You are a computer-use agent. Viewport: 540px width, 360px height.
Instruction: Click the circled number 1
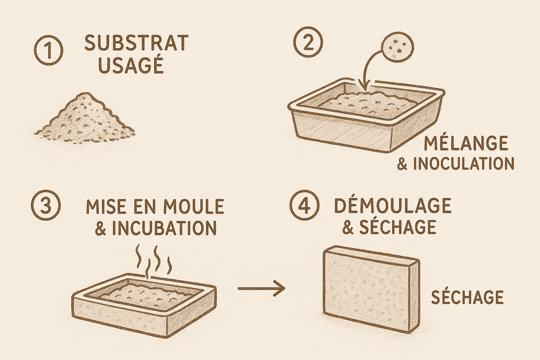point(49,51)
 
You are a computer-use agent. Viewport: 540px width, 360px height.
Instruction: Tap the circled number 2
point(308,45)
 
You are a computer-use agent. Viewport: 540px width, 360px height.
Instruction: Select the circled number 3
point(46,206)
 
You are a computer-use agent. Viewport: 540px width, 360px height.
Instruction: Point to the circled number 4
point(305,206)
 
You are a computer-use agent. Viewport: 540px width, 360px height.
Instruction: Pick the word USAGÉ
point(131,65)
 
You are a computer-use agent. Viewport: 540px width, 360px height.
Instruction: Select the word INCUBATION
point(165,227)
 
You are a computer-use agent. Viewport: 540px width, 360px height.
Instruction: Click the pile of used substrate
point(84,119)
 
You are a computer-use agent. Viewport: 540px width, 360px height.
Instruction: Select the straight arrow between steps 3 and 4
point(261,288)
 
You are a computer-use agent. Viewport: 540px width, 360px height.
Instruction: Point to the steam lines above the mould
point(154,262)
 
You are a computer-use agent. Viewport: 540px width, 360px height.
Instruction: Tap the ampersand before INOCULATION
point(402,164)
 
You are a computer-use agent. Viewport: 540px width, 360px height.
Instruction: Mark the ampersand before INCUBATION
point(100,228)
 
